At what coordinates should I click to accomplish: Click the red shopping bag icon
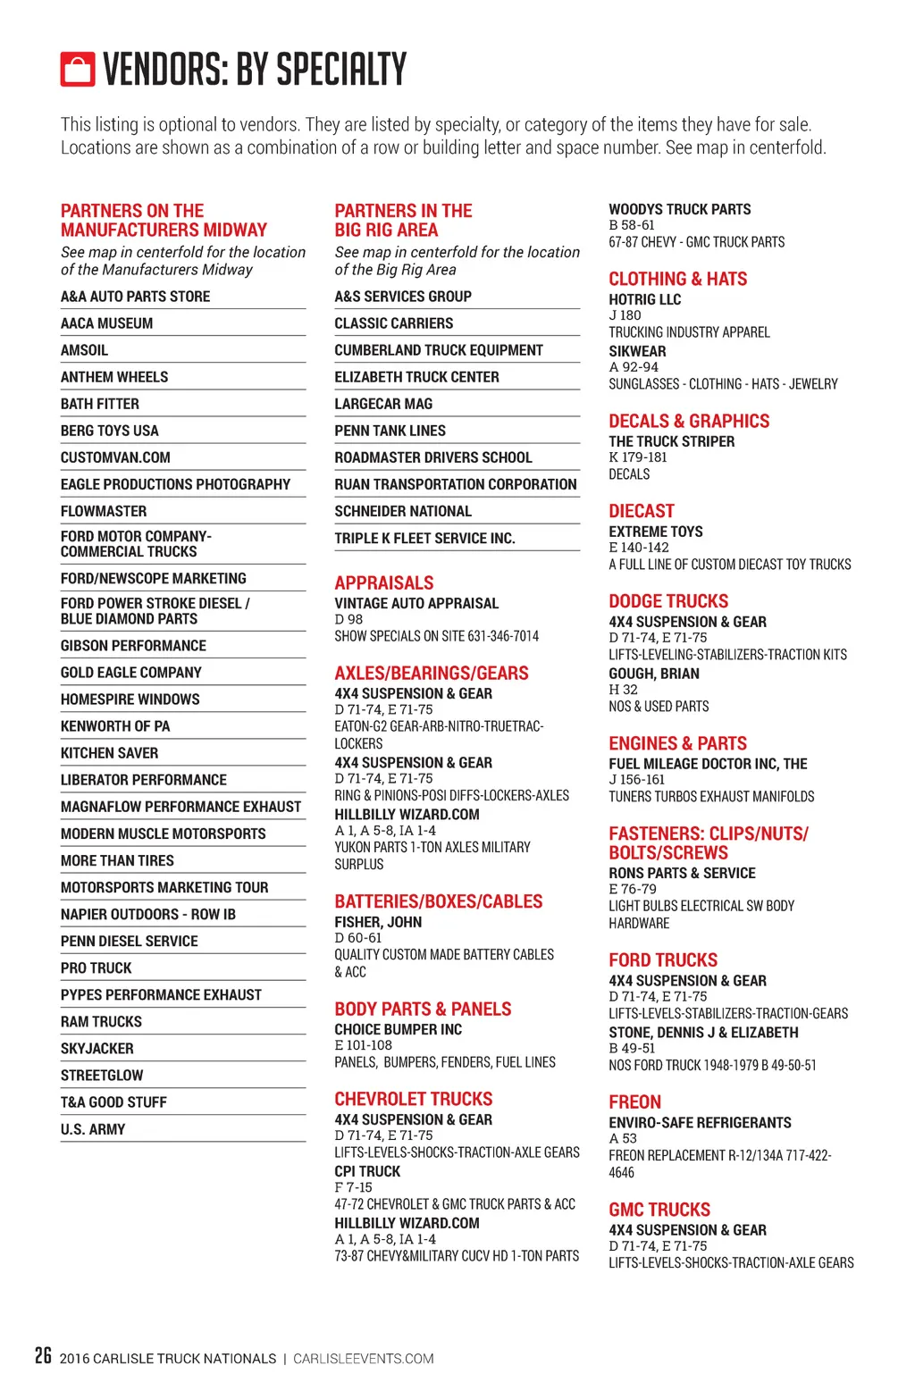pos(77,69)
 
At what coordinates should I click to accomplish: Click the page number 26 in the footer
pos(43,1356)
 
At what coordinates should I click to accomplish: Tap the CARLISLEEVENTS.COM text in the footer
pos(363,1359)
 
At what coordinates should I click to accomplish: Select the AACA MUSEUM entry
pos(106,323)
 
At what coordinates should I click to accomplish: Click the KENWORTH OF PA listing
pos(114,726)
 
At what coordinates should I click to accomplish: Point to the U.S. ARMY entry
pos(93,1129)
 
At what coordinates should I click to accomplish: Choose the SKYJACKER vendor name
pos(97,1049)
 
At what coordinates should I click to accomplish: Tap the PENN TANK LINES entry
pos(390,431)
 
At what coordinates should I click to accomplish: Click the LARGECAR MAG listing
pos(383,404)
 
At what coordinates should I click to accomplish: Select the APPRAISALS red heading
pos(383,582)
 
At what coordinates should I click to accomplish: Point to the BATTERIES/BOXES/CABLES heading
pos(438,901)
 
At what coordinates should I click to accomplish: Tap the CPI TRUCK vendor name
pos(367,1171)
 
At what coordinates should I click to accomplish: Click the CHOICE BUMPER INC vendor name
pos(398,1029)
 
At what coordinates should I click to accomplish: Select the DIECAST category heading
pos(641,511)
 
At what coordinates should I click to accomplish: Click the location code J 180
pos(625,315)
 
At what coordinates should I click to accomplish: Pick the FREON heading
pos(634,1102)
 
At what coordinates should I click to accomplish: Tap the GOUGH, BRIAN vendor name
pos(653,674)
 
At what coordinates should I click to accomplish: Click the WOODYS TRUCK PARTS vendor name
pos(679,209)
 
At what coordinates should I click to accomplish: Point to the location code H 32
pos(623,690)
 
